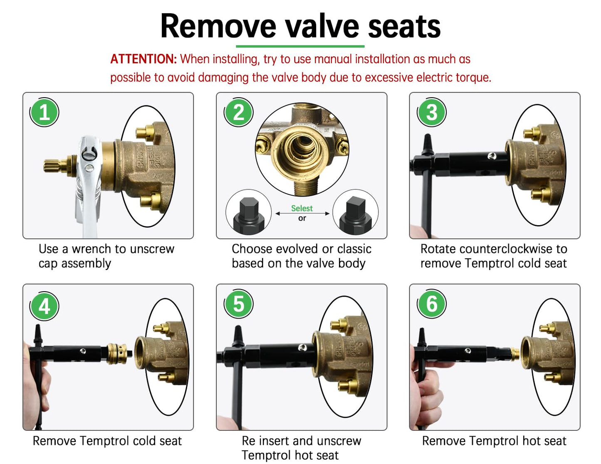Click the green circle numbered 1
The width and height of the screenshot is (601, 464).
click(45, 113)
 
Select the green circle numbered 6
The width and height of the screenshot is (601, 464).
click(432, 304)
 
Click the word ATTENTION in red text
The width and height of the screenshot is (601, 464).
click(143, 59)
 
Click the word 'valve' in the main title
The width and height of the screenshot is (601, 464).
click(322, 26)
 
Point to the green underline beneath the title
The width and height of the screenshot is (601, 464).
click(300, 46)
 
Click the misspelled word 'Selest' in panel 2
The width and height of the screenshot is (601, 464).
click(302, 208)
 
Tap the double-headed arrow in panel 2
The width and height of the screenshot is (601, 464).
click(302, 214)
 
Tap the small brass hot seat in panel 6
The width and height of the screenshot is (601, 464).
click(515, 354)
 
